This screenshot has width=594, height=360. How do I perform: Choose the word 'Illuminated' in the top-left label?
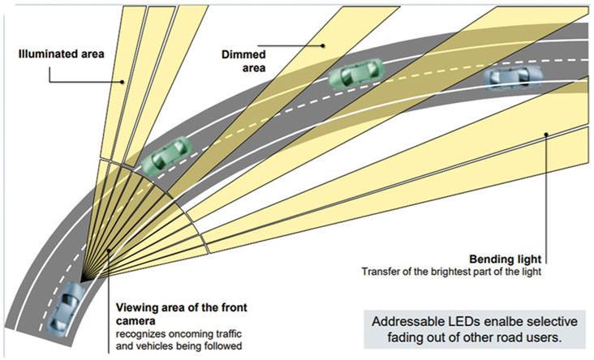coord(45,55)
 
